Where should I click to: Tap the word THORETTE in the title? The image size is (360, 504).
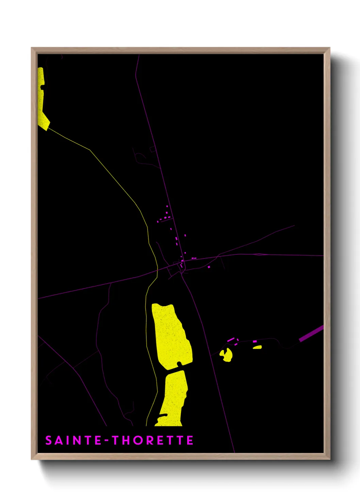[153, 440]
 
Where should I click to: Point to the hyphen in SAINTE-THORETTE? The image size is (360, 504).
[107, 441]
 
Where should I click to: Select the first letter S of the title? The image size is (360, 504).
[49, 440]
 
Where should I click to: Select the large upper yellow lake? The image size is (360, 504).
[171, 335]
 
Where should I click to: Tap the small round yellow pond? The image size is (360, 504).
[226, 355]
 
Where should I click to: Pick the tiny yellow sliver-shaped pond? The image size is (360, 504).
[257, 347]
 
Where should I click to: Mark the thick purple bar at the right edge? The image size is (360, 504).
[311, 334]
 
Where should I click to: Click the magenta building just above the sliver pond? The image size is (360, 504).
[255, 341]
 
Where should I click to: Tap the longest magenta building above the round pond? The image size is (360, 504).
[231, 340]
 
